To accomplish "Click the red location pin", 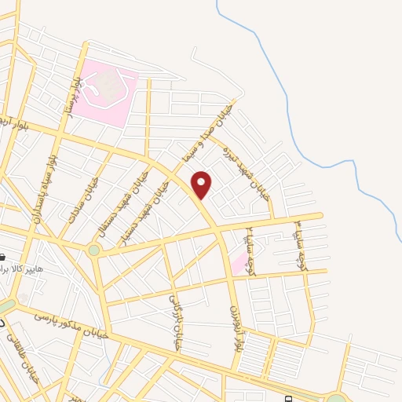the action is tap(202, 184).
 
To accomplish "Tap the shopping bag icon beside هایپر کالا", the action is tap(3, 258).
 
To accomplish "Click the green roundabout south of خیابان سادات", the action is tap(94, 250).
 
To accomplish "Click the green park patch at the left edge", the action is tap(6, 305).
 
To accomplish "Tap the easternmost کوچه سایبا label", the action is tap(299, 243).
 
